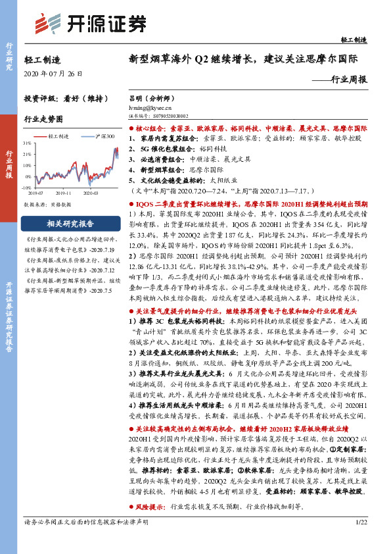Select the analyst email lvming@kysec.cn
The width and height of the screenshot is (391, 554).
(x=151, y=105)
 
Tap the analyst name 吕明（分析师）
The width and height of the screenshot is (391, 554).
(x=154, y=97)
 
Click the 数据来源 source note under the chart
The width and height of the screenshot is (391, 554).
(x=47, y=205)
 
